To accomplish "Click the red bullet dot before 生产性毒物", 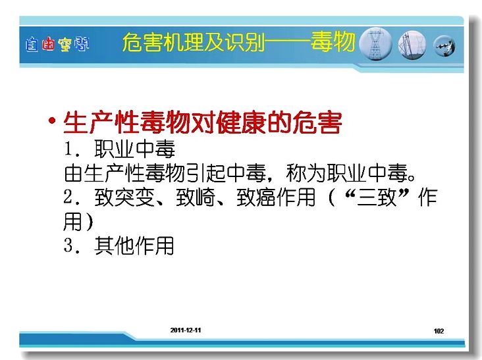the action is point(52,120).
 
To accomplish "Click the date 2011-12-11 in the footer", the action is point(186,330).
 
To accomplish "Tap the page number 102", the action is point(439,331).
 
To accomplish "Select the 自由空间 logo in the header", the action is point(57,45).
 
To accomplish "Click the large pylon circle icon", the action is point(375,45).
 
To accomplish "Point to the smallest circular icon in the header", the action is point(444,46).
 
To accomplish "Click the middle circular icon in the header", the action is point(412,45).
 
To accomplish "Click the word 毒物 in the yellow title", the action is point(333,41).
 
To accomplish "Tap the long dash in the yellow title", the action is point(288,42).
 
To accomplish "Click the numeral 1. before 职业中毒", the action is point(72,149).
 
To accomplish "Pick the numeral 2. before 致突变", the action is point(72,197).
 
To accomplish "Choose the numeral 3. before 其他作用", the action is point(72,245).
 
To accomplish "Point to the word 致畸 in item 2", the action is point(196,197).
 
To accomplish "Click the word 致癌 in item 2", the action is point(256,197).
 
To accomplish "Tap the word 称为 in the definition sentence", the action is point(306,174).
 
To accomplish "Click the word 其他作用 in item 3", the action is point(134,245).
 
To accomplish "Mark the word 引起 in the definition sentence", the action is point(206,174).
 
